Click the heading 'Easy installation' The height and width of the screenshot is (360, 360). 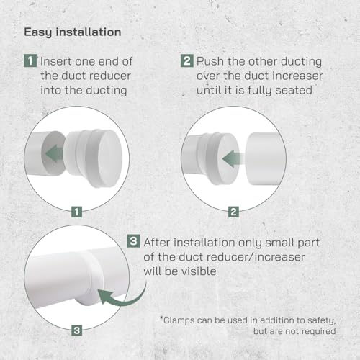tap(73, 32)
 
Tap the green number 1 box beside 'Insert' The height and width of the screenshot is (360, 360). tap(30, 60)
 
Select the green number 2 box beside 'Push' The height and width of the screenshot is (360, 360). tap(186, 60)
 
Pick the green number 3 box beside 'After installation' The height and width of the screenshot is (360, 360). tap(134, 242)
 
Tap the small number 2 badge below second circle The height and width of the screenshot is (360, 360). tap(233, 212)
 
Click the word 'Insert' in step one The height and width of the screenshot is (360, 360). tap(57, 60)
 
